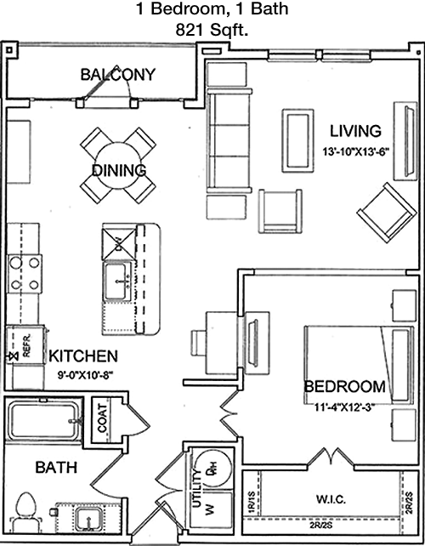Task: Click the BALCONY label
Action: click(x=117, y=75)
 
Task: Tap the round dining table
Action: click(x=117, y=166)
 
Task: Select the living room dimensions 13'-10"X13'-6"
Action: click(x=355, y=152)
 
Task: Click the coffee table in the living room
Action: click(x=297, y=140)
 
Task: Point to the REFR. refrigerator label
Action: click(x=27, y=345)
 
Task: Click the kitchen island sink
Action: click(x=117, y=281)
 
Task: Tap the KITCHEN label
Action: click(x=83, y=355)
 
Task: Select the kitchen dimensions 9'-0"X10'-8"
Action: click(x=85, y=375)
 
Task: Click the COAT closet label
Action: click(x=102, y=418)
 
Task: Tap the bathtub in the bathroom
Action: click(x=44, y=421)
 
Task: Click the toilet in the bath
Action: click(x=26, y=512)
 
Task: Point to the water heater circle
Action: click(x=212, y=469)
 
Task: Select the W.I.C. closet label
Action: click(x=331, y=499)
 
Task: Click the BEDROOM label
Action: click(x=344, y=387)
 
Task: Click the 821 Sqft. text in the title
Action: click(x=212, y=31)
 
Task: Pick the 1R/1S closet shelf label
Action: click(x=252, y=503)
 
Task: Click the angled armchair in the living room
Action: click(x=387, y=213)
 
